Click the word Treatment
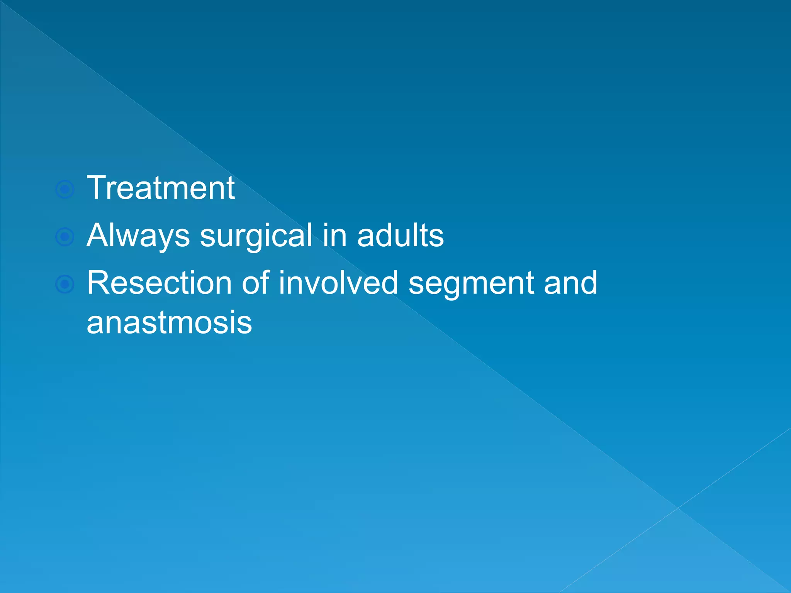[x=160, y=188]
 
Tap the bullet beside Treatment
[x=65, y=190]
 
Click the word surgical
[x=256, y=236]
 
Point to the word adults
[x=400, y=236]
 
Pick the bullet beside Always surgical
[x=65, y=237]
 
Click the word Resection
[x=159, y=283]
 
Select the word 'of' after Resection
[x=256, y=283]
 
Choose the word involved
[x=338, y=283]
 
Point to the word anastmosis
[x=169, y=323]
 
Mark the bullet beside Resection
[x=65, y=285]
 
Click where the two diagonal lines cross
[x=678, y=508]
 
